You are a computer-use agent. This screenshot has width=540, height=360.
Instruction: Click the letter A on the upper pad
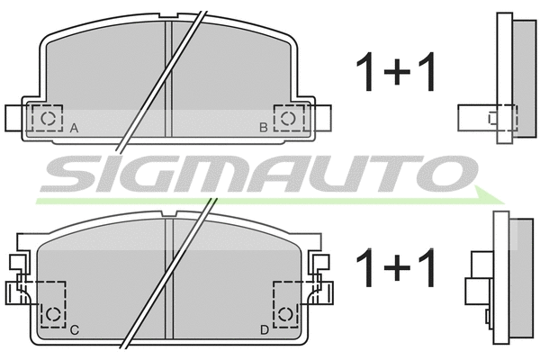(x=75, y=128)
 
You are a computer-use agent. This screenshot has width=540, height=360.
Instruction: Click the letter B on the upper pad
(x=263, y=128)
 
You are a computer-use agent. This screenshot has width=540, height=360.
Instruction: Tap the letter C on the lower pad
(x=75, y=330)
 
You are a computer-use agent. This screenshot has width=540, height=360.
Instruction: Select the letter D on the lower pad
(x=264, y=330)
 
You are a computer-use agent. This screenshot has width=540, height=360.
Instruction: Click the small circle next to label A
(x=49, y=118)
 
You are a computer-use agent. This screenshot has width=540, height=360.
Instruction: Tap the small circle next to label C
(x=53, y=314)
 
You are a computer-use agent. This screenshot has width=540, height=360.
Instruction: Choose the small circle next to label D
(x=286, y=314)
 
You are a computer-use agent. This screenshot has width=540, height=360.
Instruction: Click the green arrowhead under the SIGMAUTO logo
(x=490, y=197)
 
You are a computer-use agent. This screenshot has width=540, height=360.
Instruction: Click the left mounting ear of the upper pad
(x=18, y=118)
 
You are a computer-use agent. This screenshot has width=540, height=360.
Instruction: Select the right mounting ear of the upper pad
(x=320, y=118)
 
